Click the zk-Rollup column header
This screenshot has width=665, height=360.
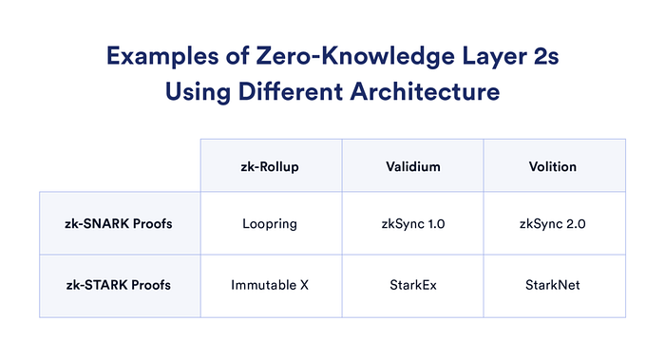pos(271,165)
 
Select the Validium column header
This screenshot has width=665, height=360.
pos(413,165)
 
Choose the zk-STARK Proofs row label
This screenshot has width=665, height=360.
pos(120,285)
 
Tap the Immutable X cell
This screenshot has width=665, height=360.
pos(271,285)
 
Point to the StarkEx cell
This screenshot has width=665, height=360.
pos(413,285)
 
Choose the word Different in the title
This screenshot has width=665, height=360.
pos(298,94)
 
